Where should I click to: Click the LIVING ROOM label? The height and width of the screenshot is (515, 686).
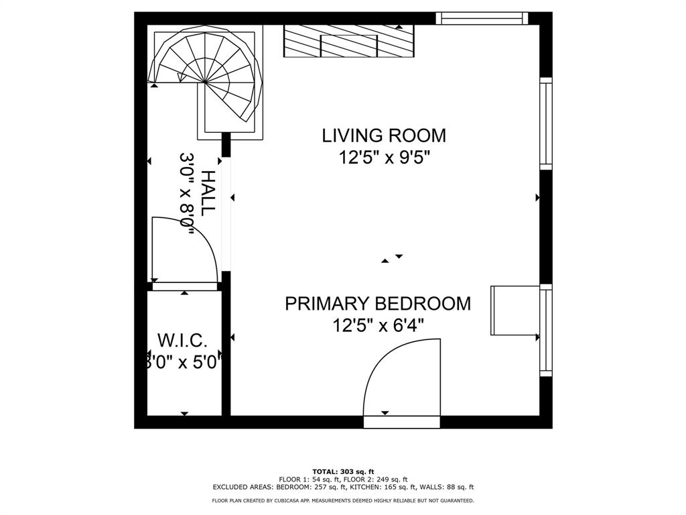pyautogui.click(x=384, y=135)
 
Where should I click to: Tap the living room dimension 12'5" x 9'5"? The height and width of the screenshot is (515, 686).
pyautogui.click(x=384, y=158)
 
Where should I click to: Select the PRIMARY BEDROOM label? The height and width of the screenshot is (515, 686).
pyautogui.click(x=378, y=304)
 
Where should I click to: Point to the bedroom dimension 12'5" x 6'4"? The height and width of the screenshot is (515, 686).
pyautogui.click(x=378, y=326)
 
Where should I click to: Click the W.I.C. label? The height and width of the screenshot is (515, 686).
pyautogui.click(x=178, y=339)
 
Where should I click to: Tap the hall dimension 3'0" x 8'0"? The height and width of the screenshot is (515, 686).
pyautogui.click(x=187, y=194)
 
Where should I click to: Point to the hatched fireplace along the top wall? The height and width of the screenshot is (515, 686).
pyautogui.click(x=349, y=42)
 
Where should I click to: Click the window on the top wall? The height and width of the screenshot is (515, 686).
pyautogui.click(x=482, y=18)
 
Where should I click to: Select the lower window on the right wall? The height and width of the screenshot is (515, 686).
pyautogui.click(x=546, y=329)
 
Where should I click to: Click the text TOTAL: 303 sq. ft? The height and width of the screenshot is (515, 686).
pyautogui.click(x=343, y=471)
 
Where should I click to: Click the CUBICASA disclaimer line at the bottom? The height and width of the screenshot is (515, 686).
pyautogui.click(x=343, y=500)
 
